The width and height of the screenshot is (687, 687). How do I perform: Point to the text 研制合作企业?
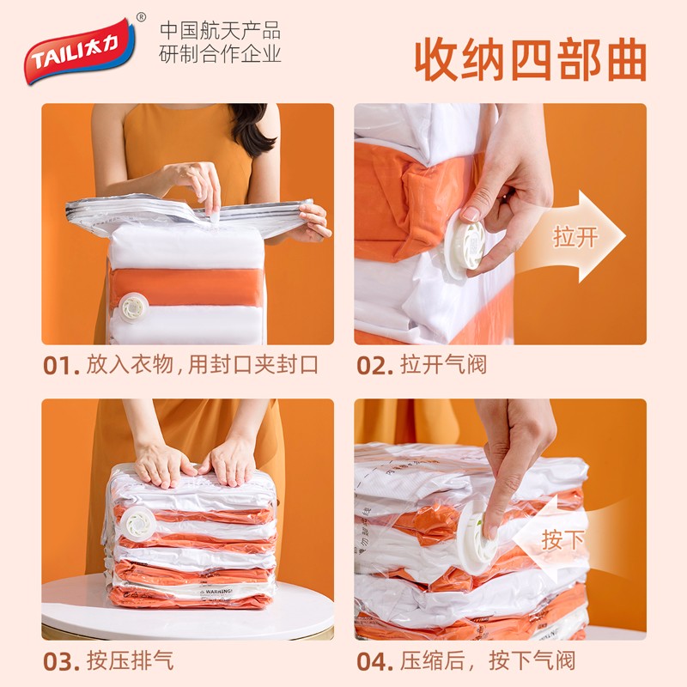[x=221, y=54]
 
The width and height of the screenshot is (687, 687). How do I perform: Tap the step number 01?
[x=60, y=364]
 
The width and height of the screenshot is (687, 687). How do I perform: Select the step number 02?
[x=374, y=364]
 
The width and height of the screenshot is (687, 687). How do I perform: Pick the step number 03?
[x=60, y=660]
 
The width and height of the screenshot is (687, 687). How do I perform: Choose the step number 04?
[x=374, y=660]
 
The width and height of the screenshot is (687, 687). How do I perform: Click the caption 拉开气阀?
[x=443, y=364]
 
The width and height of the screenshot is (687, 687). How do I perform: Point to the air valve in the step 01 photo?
[x=134, y=306]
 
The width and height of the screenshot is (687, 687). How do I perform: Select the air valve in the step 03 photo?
[x=139, y=522]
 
